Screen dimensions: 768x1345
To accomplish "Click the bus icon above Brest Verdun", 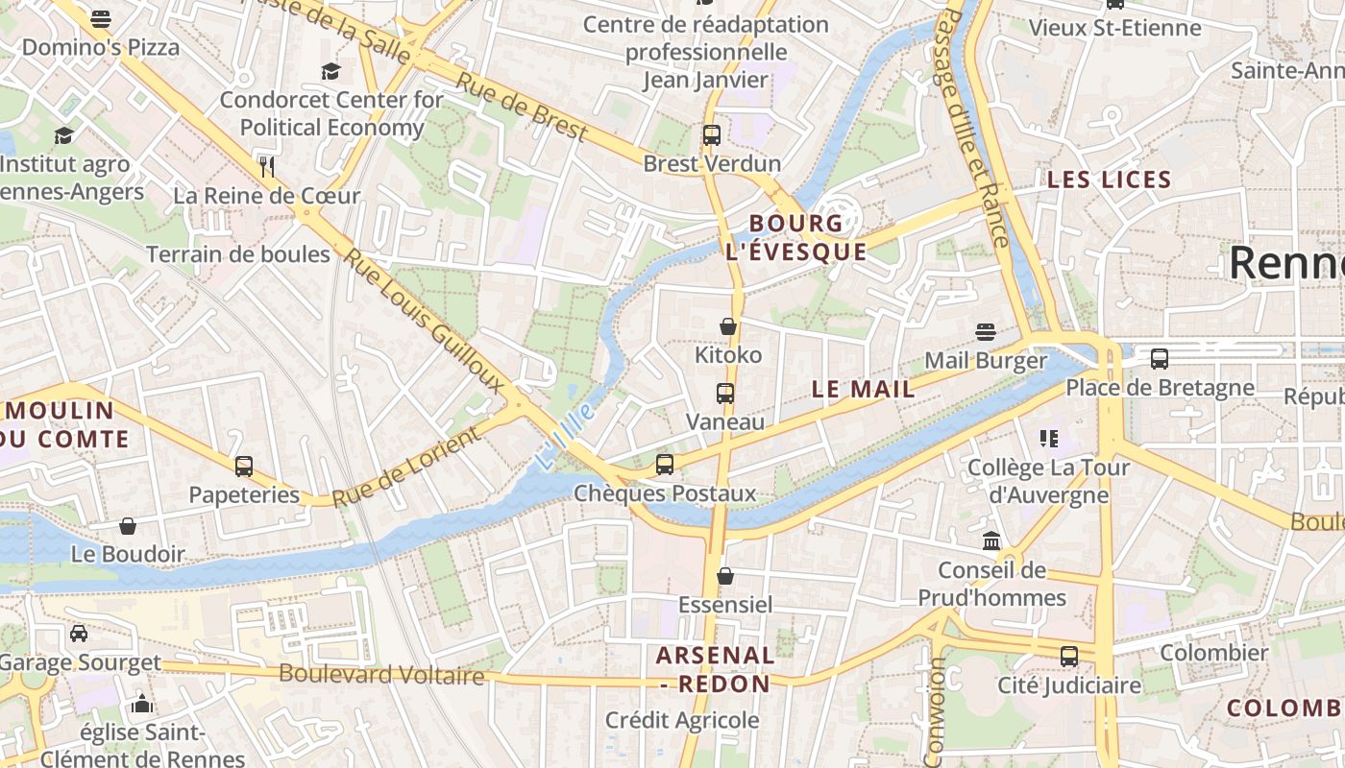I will [711, 135].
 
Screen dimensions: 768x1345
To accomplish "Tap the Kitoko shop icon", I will [728, 326].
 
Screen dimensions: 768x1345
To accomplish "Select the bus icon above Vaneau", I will [725, 394].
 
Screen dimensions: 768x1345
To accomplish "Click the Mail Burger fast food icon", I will [985, 332].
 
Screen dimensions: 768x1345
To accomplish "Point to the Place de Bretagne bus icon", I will [1160, 359].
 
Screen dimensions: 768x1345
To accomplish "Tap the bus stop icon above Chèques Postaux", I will [664, 465].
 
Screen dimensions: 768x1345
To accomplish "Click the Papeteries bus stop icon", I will [244, 467].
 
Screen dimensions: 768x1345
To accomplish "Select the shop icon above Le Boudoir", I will [127, 526].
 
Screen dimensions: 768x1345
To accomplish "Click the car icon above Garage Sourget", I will [79, 634].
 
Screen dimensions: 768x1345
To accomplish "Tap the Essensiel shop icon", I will [725, 576].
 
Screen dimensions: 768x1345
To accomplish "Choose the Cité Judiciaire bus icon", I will [1068, 657].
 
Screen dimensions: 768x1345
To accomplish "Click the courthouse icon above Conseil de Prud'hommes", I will [991, 541].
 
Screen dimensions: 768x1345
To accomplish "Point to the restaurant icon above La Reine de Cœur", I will [267, 167].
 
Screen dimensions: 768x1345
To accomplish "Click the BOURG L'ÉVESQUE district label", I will [795, 237].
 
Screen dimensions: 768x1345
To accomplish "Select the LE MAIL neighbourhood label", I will [863, 389].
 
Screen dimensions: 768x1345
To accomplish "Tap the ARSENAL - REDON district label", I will [716, 669].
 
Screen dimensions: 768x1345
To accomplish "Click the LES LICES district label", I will [1109, 180].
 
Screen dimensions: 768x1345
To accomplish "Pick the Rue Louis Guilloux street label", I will [425, 322].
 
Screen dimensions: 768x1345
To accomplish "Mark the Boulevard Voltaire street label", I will [381, 674].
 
